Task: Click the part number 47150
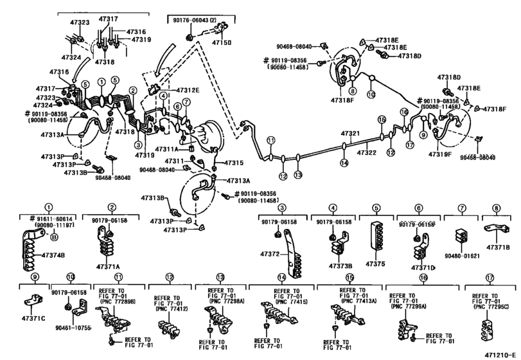222,42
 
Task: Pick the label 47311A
175,148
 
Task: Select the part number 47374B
53,256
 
